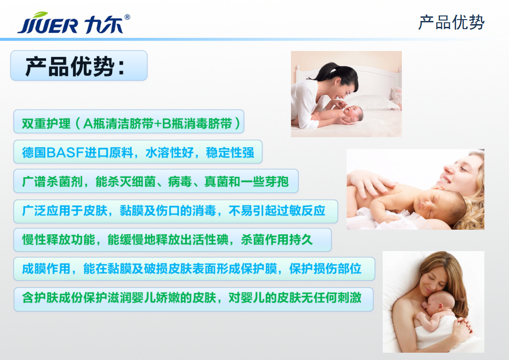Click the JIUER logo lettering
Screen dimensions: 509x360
[48, 26]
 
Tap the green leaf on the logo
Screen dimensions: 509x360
[41, 15]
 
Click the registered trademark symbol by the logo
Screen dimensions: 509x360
[127, 17]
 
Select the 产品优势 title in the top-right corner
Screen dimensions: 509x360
[451, 22]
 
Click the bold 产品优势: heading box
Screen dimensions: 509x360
[79, 66]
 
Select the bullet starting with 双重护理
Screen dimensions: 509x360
[129, 122]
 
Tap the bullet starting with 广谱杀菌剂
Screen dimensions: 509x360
[156, 181]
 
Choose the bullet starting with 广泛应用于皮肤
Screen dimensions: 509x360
[176, 211]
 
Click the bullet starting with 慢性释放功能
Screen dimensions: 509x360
[172, 240]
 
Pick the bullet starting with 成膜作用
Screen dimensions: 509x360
[194, 269]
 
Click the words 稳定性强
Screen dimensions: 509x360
[230, 153]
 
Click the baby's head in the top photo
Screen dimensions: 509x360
[354, 113]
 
